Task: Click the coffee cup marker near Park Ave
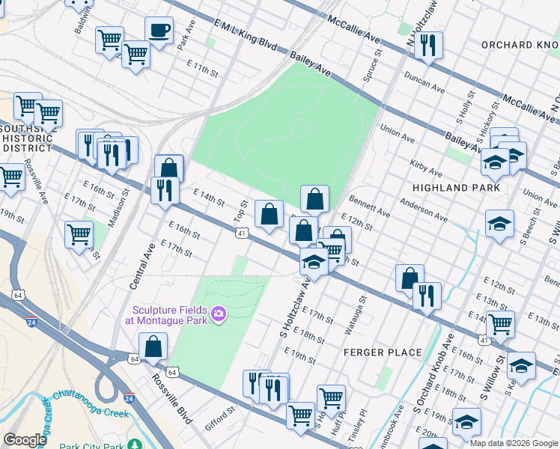coord(159,31)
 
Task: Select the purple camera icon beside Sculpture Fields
coord(219,312)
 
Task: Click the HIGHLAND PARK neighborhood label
coord(457,188)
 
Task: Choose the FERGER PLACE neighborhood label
coord(383,352)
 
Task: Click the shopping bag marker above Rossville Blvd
coord(153,347)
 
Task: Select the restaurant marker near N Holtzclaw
coord(428,46)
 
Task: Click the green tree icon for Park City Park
coord(135,445)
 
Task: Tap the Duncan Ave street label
coord(424,82)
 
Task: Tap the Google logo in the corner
coord(25,440)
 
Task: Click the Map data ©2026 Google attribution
coord(514,444)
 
